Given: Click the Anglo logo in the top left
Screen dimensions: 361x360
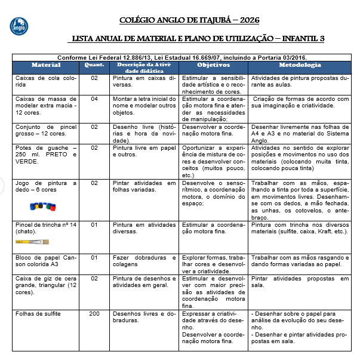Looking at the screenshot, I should point(19,26).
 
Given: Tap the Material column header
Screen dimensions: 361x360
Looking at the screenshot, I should point(46,64).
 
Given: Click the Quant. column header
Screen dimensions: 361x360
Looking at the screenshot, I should point(94,64).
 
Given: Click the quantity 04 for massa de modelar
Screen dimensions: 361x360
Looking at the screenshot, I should point(94,99).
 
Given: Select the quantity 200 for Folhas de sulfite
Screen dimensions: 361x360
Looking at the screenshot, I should point(94,314).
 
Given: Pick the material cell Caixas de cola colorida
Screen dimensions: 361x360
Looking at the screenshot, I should point(45,81).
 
